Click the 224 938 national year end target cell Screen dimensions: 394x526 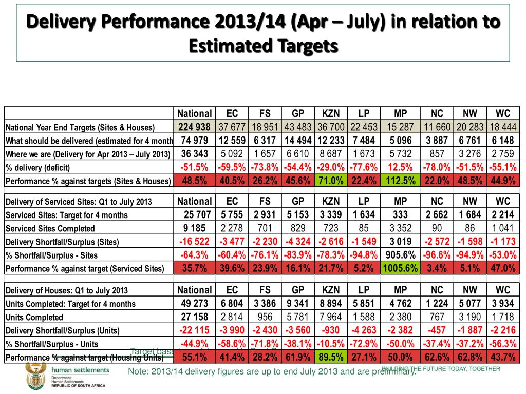point(194,127)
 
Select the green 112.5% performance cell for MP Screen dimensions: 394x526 point(400,181)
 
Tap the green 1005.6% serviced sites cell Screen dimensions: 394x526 point(400,268)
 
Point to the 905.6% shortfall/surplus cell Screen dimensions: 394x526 point(400,255)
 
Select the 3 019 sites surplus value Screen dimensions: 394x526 point(400,242)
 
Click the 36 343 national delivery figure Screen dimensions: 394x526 point(194,154)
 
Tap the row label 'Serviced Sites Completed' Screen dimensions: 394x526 point(50,229)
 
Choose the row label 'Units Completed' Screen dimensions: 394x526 point(34,318)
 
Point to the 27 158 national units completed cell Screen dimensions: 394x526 point(194,317)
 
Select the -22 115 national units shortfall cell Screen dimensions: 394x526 point(194,330)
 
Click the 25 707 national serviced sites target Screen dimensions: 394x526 point(194,215)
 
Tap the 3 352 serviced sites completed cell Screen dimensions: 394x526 point(400,228)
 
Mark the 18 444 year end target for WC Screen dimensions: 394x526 point(503,127)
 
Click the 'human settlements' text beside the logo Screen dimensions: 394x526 point(81,370)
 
